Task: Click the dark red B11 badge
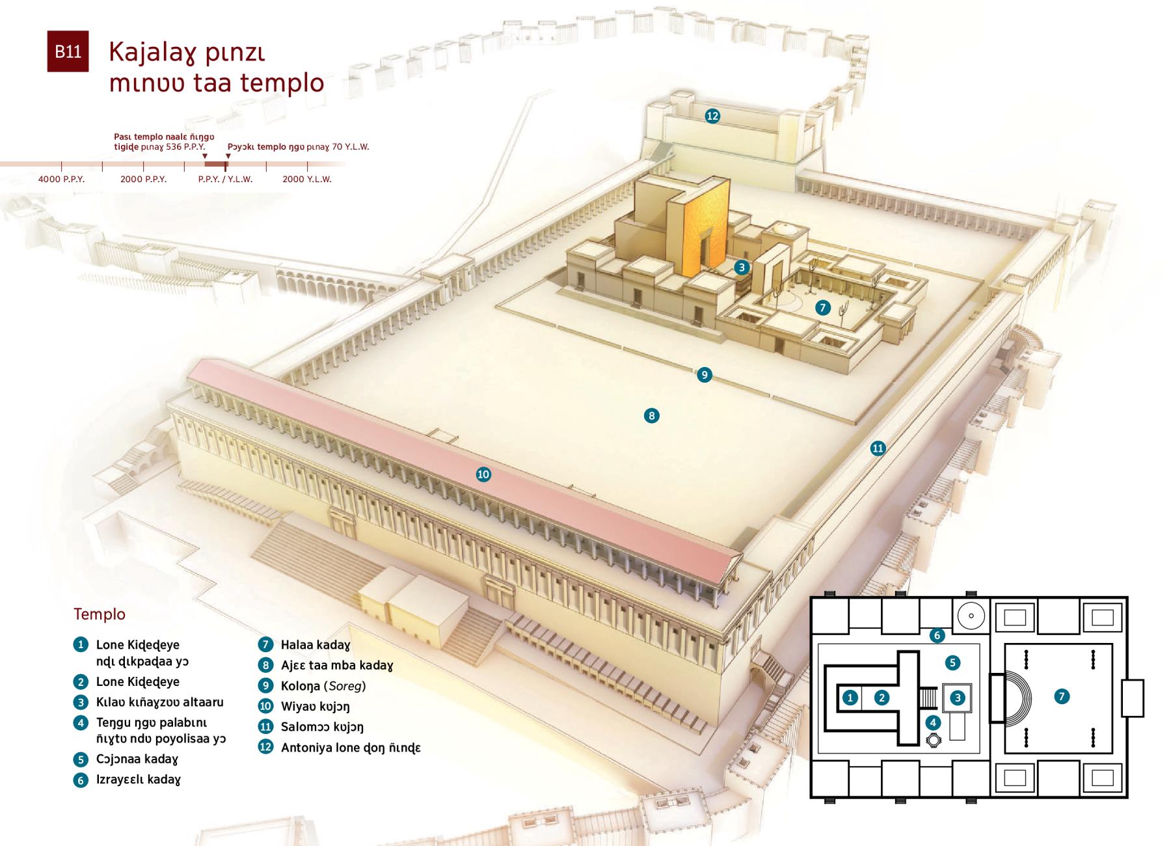(x=68, y=51)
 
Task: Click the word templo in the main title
(x=282, y=83)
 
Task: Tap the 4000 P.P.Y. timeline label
(x=62, y=179)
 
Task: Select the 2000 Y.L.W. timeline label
(x=307, y=179)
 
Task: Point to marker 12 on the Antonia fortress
(x=712, y=116)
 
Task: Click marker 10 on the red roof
(x=483, y=474)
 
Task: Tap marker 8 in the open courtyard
(x=651, y=415)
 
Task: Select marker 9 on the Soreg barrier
(x=704, y=375)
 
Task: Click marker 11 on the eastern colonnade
(x=878, y=448)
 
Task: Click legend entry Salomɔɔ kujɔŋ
(x=322, y=727)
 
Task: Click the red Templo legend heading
(x=100, y=614)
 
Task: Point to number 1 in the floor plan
(x=850, y=698)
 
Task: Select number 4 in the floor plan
(x=933, y=722)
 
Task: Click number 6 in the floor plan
(x=937, y=635)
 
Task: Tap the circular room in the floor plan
(x=971, y=616)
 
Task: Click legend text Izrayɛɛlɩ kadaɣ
(x=139, y=780)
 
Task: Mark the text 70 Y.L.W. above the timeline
(x=351, y=147)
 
